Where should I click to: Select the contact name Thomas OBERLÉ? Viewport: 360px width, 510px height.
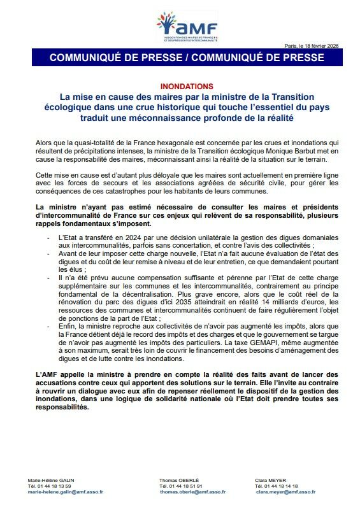point(180,479)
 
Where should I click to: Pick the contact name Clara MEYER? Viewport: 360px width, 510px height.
point(271,479)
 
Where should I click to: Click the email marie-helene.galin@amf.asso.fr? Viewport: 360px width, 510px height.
point(66,492)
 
